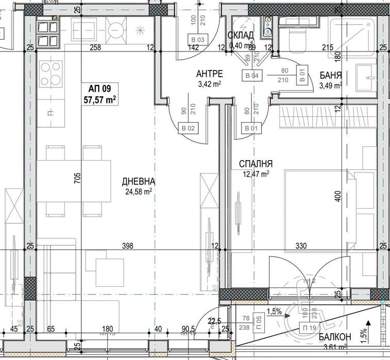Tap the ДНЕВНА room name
[x=139, y=181]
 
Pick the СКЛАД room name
[x=240, y=35]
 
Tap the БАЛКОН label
[x=335, y=337]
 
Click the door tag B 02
[x=188, y=128]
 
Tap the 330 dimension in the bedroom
[x=302, y=246]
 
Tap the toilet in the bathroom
[x=297, y=40]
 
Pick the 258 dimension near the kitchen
[x=95, y=48]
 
